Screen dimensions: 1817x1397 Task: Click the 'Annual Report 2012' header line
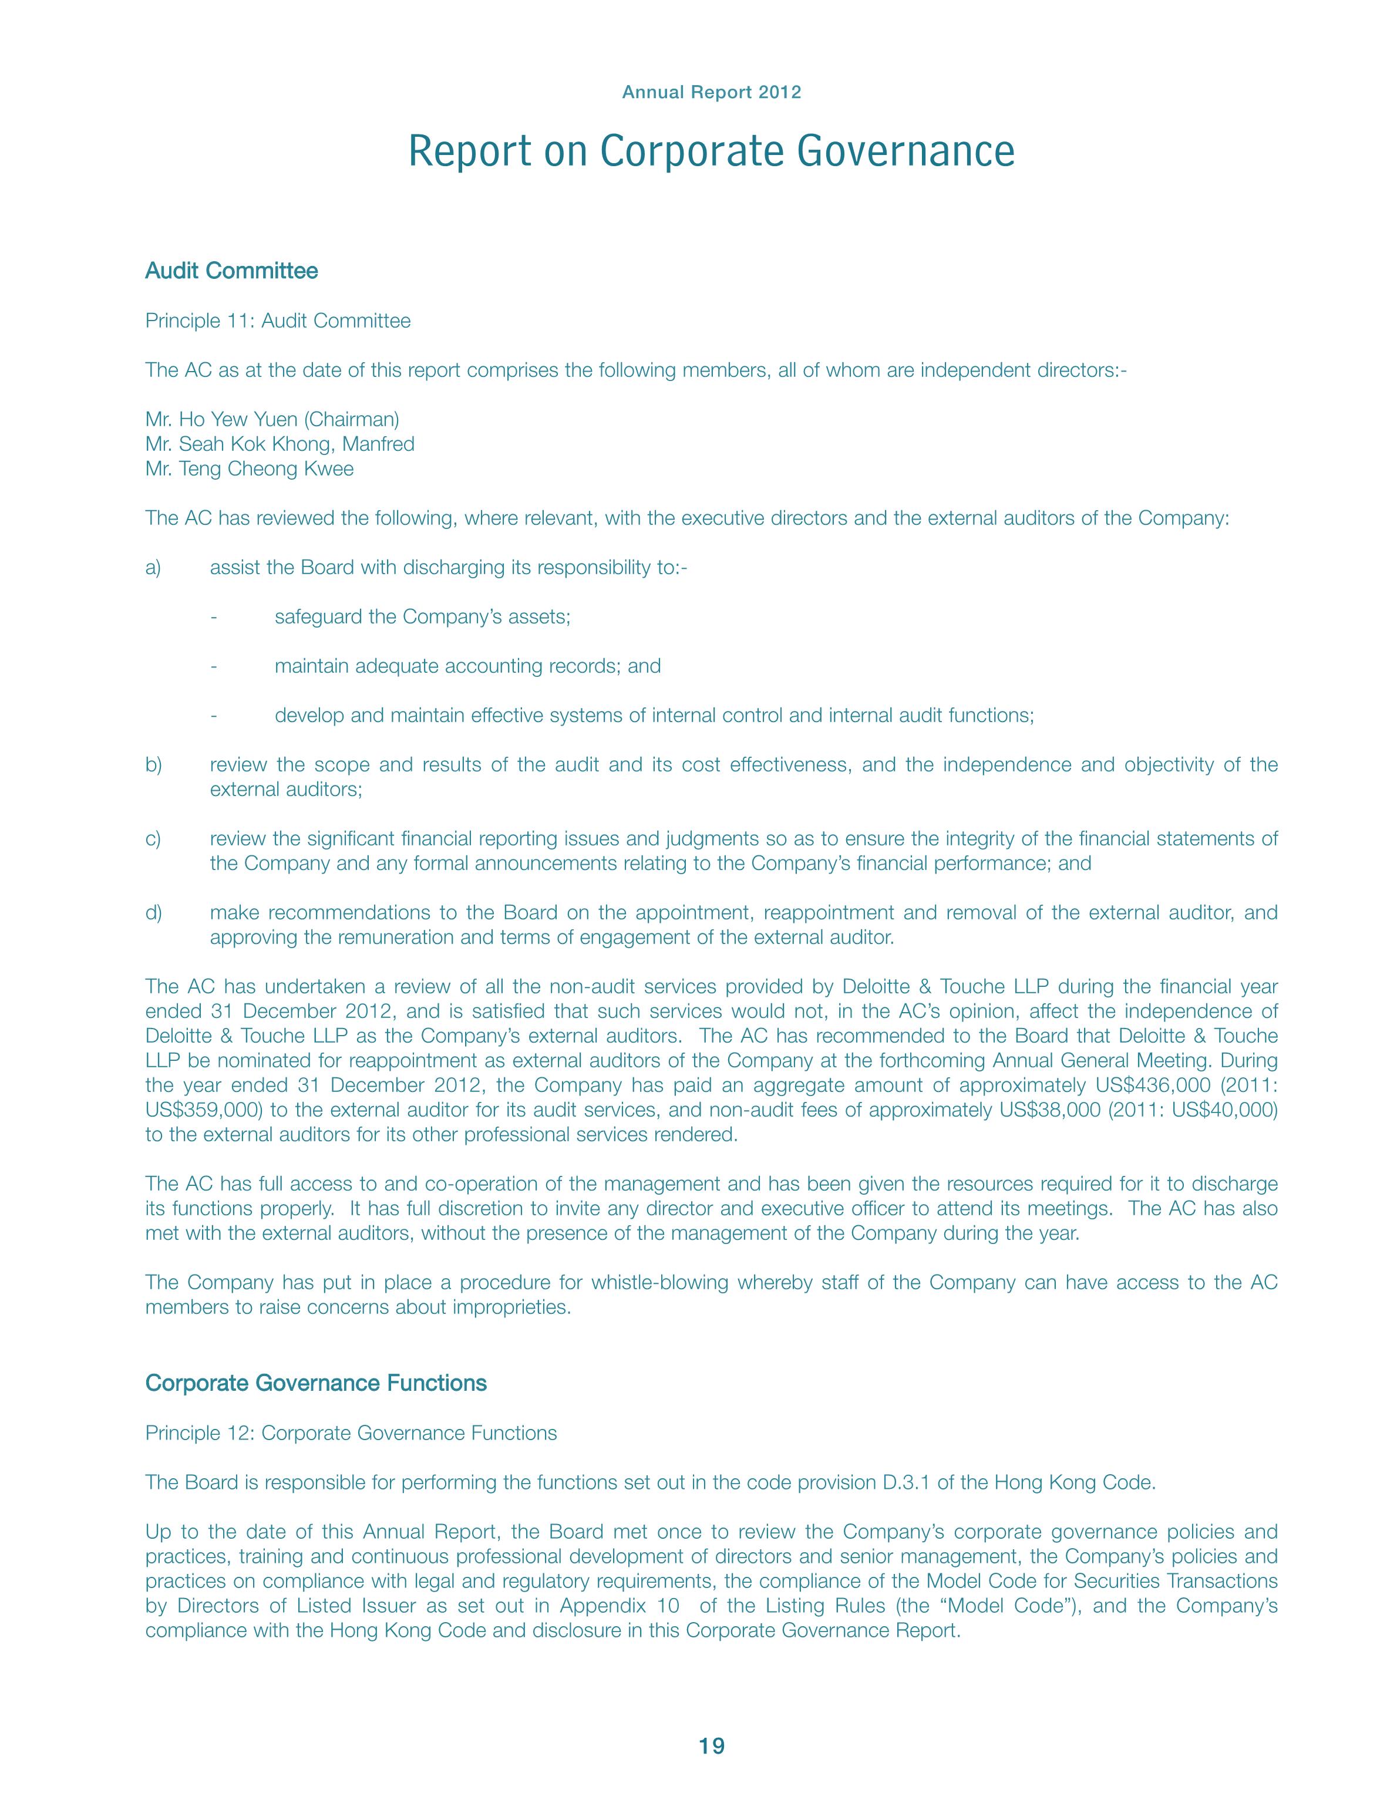pos(711,92)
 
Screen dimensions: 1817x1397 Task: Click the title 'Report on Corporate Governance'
pos(711,152)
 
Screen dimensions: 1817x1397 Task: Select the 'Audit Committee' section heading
pos(231,271)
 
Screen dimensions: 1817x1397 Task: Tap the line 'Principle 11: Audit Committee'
pos(278,321)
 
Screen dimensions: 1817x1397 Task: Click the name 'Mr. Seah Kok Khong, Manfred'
pos(280,444)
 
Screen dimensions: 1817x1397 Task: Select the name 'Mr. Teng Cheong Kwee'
pos(250,469)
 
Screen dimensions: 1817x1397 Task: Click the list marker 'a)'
pos(153,568)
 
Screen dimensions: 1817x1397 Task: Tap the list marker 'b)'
pos(153,765)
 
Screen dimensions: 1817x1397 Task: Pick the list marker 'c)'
pos(153,839)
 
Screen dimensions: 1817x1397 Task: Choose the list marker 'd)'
pos(153,913)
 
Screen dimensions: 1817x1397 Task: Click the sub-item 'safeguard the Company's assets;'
pos(422,617)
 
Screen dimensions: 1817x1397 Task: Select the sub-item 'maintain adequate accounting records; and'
pos(467,666)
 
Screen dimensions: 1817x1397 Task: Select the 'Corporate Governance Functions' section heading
pos(316,1383)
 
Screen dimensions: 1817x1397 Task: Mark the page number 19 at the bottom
pos(712,1747)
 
